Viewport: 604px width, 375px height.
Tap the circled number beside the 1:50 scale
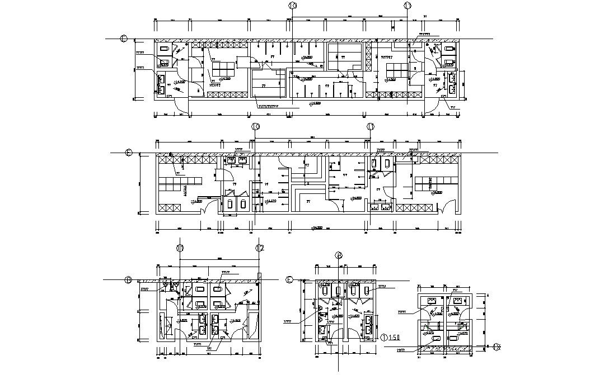coord(385,338)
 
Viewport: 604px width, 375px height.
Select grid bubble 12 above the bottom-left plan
coord(259,248)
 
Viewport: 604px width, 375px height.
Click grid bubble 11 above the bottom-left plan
coord(180,248)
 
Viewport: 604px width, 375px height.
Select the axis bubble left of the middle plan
coord(128,152)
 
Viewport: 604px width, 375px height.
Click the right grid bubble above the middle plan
coord(370,126)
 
